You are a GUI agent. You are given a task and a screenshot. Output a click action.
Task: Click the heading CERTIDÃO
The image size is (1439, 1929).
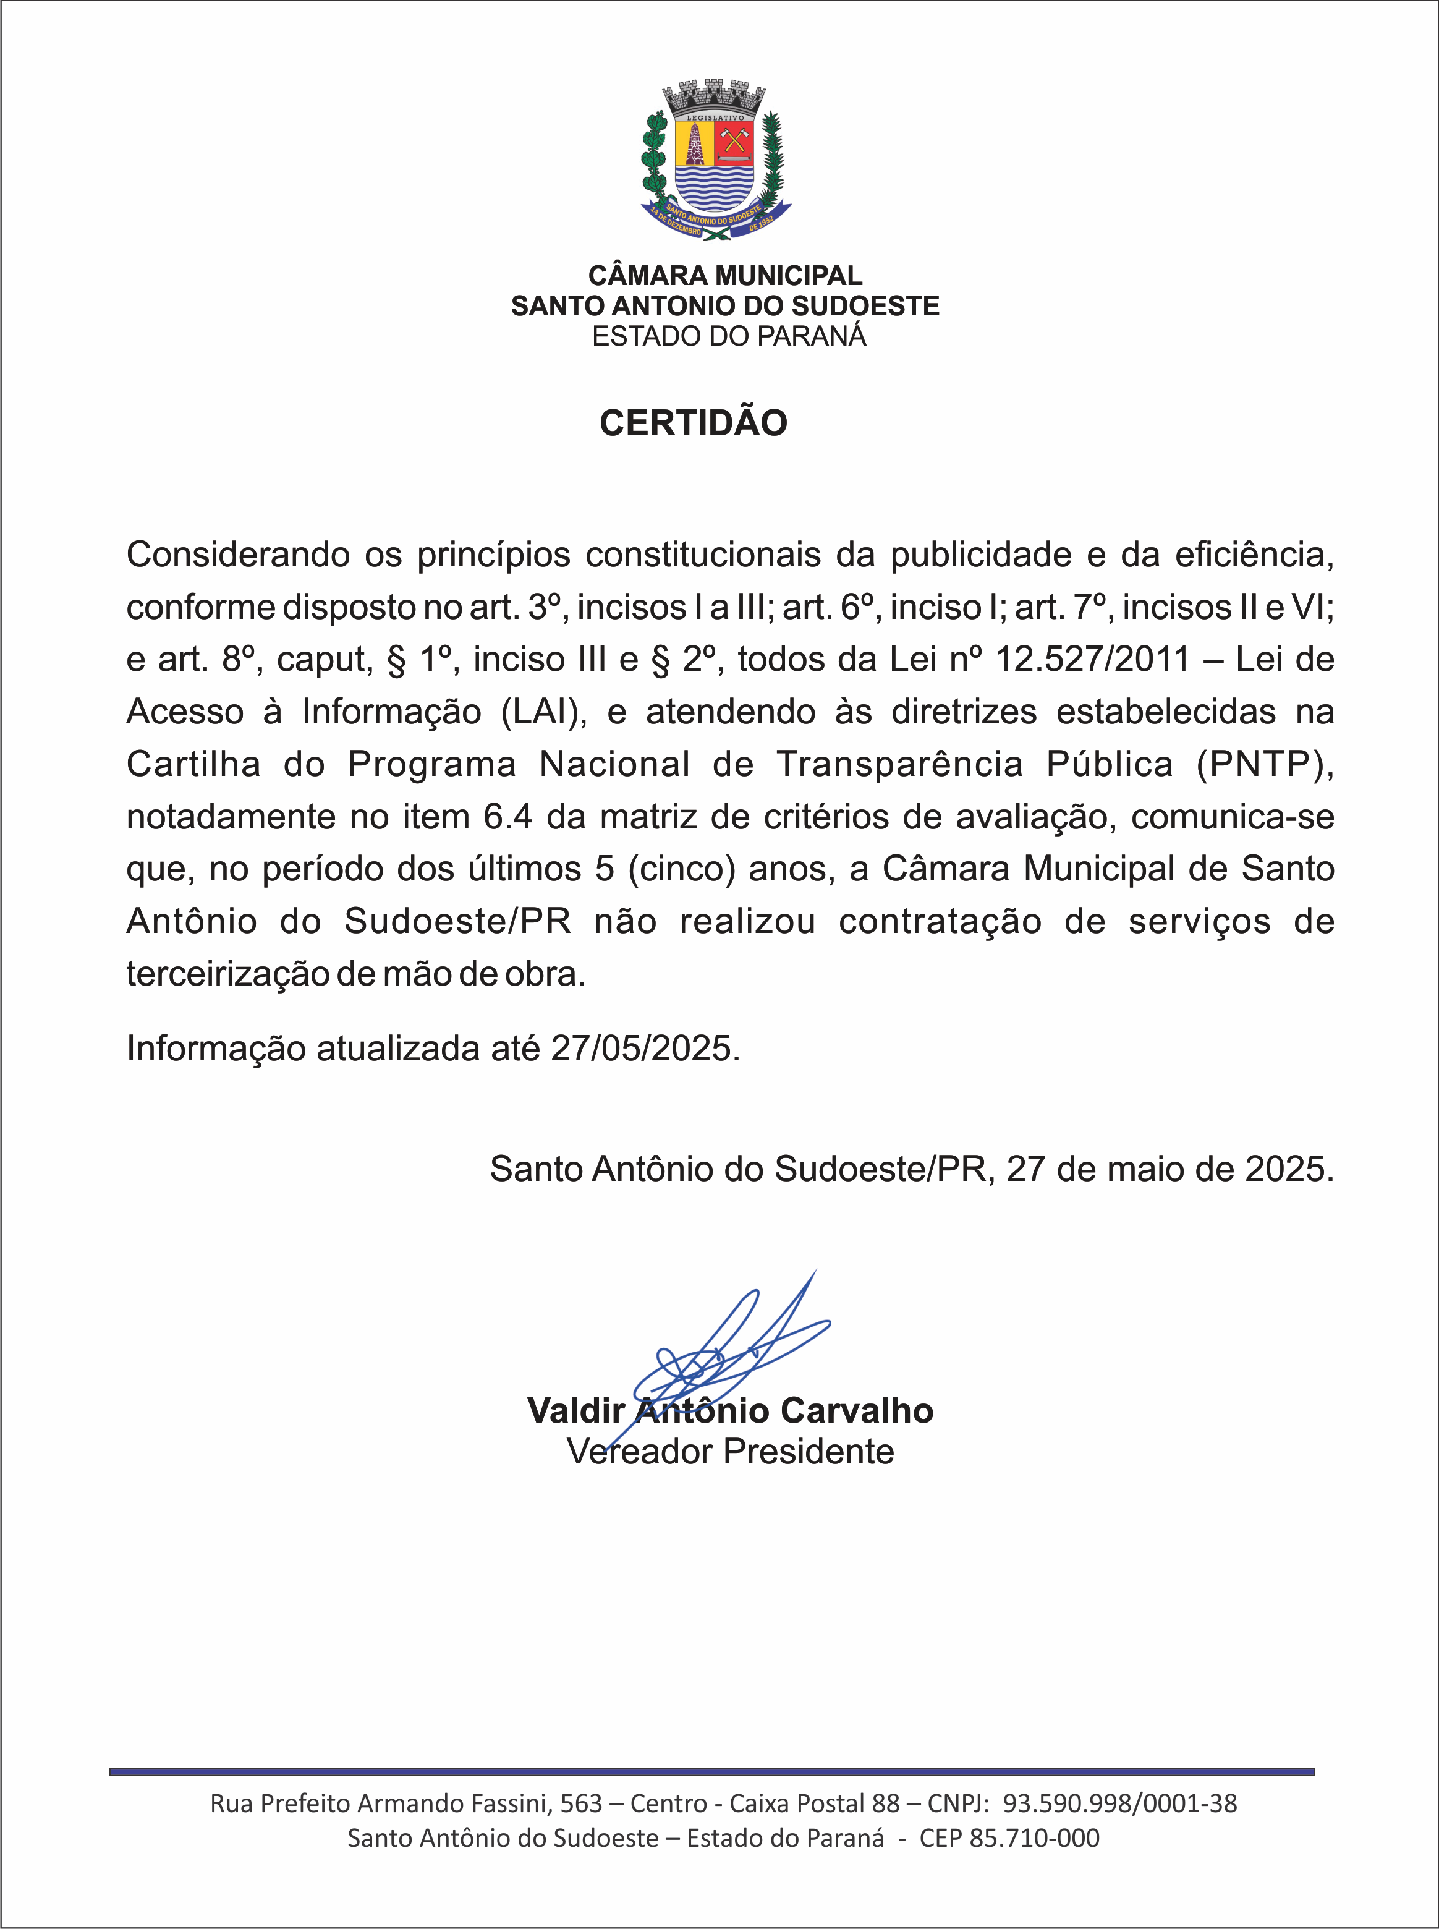pos(694,424)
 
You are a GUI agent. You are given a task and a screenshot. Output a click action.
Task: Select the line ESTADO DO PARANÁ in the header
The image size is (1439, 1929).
pos(729,336)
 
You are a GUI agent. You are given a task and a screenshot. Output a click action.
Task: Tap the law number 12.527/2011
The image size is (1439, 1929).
pos(1092,660)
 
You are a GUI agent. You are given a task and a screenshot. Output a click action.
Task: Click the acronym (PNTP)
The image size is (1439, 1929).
pos(1265,764)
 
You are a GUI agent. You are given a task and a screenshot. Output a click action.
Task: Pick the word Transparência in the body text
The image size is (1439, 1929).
pos(900,764)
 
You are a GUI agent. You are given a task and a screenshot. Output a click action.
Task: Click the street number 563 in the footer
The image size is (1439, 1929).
pos(581,1803)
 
